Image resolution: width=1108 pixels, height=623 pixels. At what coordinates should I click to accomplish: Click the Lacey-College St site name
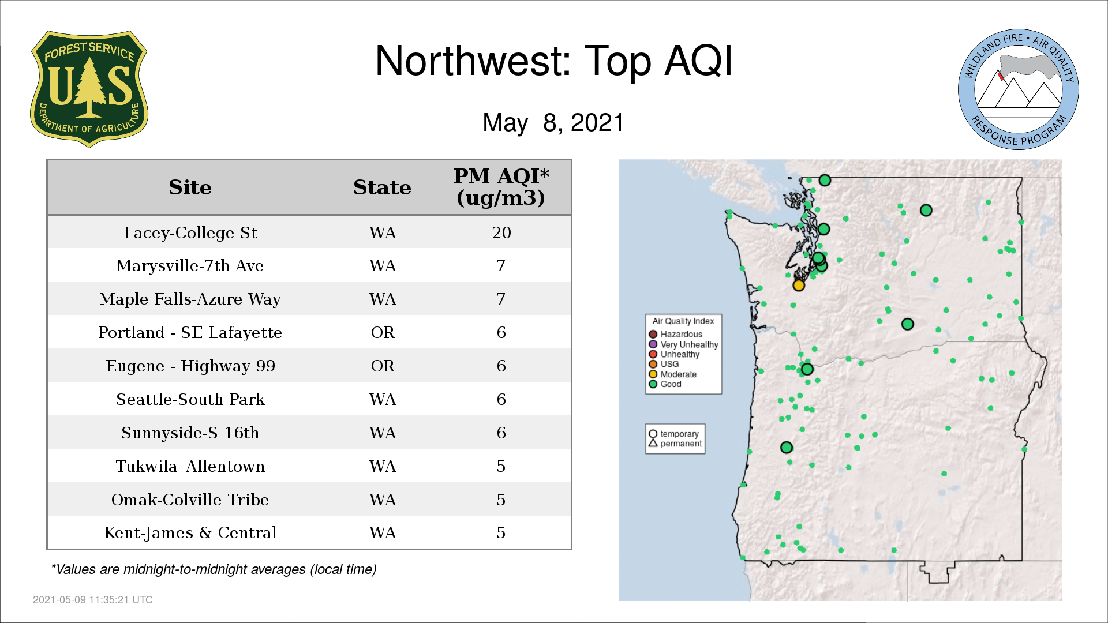(x=190, y=232)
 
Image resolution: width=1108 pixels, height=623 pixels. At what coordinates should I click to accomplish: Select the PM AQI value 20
(x=501, y=232)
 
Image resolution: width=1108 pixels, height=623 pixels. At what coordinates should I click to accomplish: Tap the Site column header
(x=190, y=187)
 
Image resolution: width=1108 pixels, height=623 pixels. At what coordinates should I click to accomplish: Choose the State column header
(x=382, y=187)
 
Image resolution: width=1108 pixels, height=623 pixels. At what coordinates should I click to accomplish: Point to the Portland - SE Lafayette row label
(x=190, y=332)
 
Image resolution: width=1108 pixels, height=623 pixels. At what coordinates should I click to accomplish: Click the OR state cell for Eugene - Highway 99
(x=383, y=366)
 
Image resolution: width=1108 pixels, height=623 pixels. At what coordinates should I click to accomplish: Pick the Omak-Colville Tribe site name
(x=190, y=500)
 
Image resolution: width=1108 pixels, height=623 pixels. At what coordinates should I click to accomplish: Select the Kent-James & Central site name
(x=190, y=532)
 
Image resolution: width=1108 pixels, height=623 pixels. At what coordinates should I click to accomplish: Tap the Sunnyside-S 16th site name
(x=190, y=433)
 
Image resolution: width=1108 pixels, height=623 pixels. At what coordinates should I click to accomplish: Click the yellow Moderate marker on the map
(x=799, y=285)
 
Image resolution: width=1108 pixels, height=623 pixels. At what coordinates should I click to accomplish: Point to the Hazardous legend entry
(x=676, y=334)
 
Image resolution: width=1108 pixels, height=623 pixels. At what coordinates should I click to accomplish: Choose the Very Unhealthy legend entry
(x=683, y=344)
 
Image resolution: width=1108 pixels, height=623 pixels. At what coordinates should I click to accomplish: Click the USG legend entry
(x=664, y=364)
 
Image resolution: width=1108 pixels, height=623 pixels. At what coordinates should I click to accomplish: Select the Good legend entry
(x=665, y=384)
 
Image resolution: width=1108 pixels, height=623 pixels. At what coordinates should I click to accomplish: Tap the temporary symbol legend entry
(x=673, y=434)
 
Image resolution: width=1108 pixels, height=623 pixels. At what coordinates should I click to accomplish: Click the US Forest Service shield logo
(x=89, y=89)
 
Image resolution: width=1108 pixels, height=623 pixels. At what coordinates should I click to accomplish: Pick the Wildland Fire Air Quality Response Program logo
(x=1019, y=89)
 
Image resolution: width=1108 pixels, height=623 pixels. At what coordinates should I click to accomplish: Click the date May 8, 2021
(x=553, y=123)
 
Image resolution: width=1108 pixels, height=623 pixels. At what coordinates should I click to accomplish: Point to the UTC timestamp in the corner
(x=93, y=600)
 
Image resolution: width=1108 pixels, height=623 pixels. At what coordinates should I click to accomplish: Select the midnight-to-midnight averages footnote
(x=214, y=569)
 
